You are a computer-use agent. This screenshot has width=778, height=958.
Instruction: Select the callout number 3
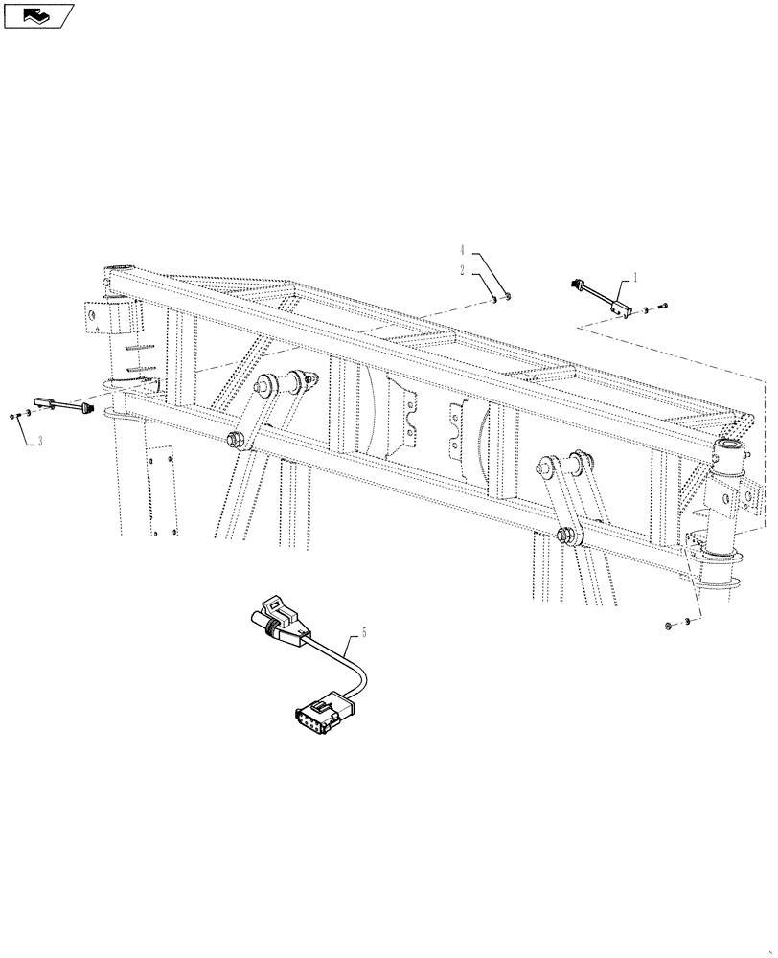click(x=40, y=442)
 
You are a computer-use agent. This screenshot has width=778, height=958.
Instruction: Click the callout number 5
click(x=364, y=633)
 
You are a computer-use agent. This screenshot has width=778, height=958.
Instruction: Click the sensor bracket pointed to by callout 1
click(x=618, y=306)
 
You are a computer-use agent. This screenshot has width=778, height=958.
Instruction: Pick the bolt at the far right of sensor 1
click(x=664, y=306)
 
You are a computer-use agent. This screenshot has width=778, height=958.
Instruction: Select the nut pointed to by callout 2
click(x=494, y=300)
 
